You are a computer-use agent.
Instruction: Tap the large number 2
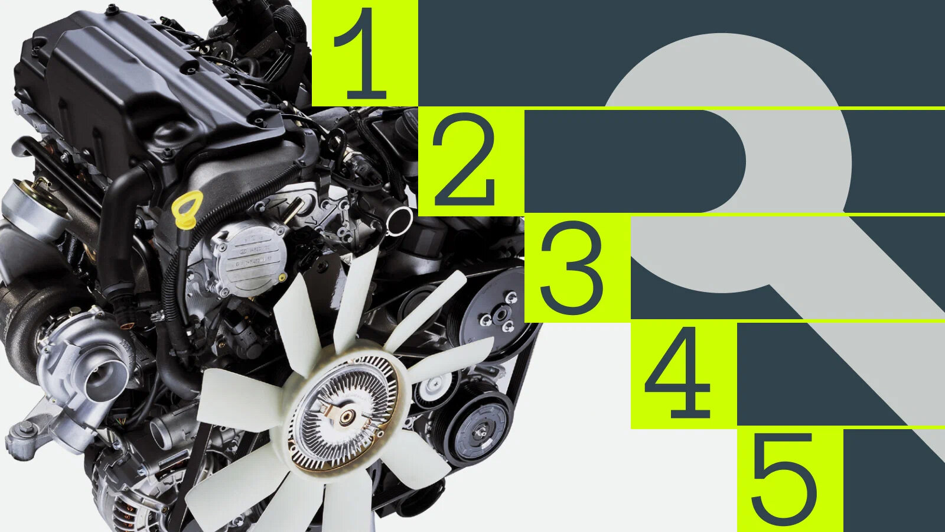464,159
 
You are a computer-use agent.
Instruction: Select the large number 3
572,267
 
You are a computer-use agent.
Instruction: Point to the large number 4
677,372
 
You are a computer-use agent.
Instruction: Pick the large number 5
784,479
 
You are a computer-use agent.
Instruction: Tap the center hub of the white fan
346,417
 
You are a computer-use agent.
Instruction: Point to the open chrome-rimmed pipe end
399,220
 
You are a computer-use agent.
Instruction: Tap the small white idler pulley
435,387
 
